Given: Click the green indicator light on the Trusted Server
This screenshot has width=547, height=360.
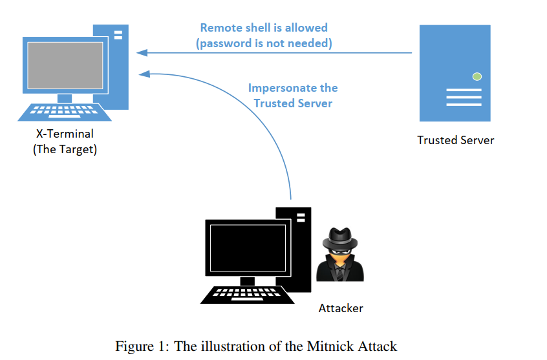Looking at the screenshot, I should (477, 77).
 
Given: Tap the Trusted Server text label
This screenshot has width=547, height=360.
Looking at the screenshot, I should (455, 140).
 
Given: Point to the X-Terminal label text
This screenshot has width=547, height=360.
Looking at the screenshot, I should (65, 134).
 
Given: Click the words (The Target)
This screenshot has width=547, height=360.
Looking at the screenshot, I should (65, 150).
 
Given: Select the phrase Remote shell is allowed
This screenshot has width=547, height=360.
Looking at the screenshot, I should (264, 28).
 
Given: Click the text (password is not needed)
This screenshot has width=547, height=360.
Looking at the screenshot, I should (264, 43).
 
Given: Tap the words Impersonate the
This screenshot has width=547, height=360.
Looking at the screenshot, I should (293, 88).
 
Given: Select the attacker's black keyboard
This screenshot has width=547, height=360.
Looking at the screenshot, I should (248, 294).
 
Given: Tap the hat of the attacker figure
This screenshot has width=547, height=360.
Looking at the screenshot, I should (339, 236).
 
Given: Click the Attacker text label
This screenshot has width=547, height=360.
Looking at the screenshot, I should (341, 308).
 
